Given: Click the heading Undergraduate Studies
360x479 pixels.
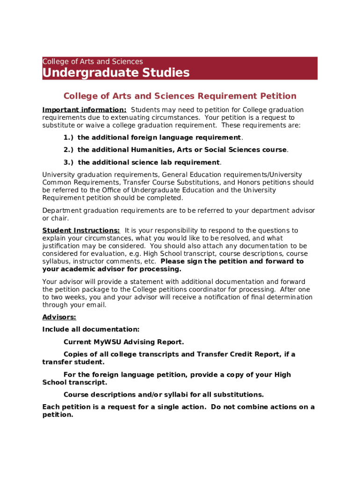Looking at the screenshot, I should point(116,73).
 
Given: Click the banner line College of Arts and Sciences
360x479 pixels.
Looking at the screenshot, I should point(93,62).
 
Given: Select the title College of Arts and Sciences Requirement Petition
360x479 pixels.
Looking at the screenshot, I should point(180,96).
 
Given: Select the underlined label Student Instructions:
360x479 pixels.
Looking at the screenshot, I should point(81,230).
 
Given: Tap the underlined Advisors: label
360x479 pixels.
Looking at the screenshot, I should point(59,317).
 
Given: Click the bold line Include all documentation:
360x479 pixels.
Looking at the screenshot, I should point(91,329).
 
